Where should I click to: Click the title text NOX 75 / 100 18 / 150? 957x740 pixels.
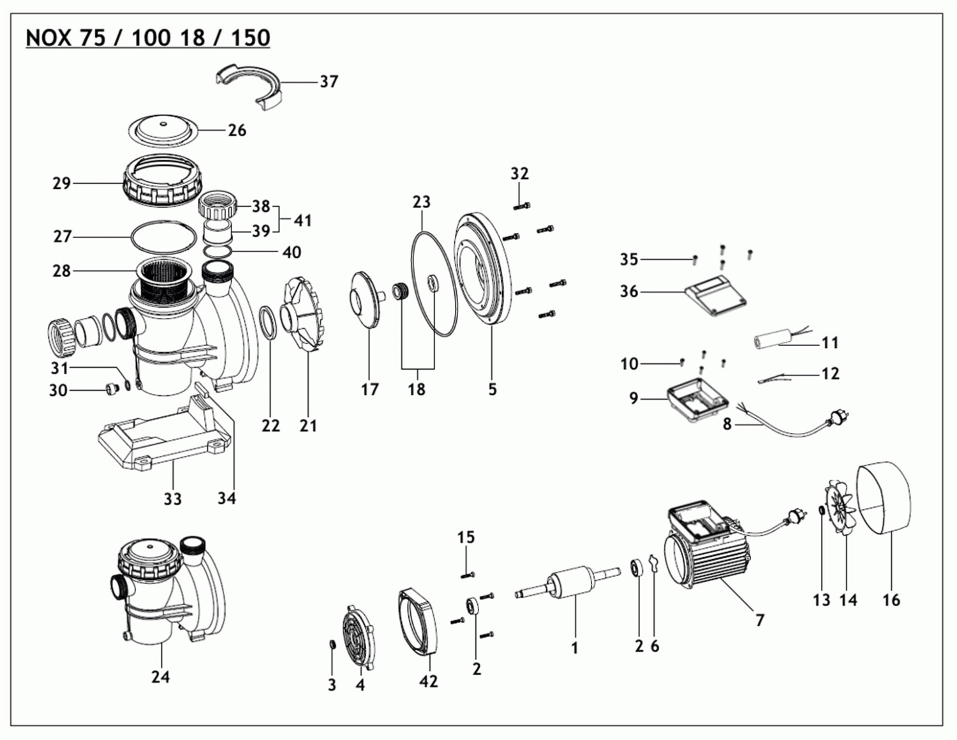(x=147, y=38)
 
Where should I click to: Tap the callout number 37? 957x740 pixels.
(x=329, y=82)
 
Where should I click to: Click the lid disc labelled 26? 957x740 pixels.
(x=163, y=132)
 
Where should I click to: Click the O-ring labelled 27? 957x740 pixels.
(x=163, y=236)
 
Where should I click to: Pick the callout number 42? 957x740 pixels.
(x=429, y=681)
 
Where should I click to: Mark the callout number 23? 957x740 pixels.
(x=421, y=202)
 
